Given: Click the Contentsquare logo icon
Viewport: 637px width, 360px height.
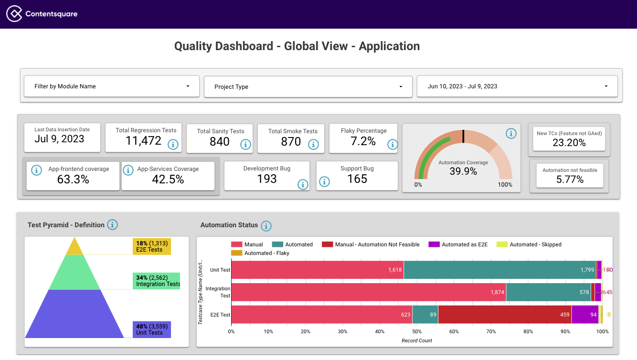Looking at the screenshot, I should click(x=14, y=14).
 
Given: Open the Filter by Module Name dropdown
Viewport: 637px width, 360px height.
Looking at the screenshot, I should click(x=112, y=86).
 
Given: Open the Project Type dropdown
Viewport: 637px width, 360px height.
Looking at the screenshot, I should click(x=308, y=87).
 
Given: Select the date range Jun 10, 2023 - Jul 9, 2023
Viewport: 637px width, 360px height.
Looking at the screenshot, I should click(x=517, y=86).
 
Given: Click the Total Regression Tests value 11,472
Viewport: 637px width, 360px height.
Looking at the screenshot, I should click(x=143, y=141).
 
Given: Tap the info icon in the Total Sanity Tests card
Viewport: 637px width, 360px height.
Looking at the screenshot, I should click(x=245, y=144).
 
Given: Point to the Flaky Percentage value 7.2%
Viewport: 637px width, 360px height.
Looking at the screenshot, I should click(x=363, y=141).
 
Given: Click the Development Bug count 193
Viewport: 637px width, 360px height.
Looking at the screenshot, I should click(x=266, y=179).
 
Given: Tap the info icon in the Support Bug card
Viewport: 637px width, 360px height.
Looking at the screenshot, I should click(x=324, y=181).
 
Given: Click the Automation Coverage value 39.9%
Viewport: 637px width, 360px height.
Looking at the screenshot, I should click(x=463, y=171).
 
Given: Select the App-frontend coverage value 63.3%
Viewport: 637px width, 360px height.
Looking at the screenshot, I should click(x=73, y=180).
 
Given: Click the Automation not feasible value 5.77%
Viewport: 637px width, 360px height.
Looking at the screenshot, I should click(x=569, y=180).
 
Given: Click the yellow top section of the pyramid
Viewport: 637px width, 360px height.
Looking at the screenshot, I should click(x=74, y=247).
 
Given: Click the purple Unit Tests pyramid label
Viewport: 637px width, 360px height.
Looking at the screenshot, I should click(x=152, y=329).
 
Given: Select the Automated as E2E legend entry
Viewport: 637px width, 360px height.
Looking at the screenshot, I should click(x=460, y=244).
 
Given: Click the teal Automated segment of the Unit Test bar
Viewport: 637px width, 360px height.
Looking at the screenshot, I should click(x=499, y=270).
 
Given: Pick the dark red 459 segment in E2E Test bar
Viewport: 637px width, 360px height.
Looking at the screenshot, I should click(x=504, y=315).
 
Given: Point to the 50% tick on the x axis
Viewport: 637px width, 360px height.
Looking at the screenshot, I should click(x=417, y=331).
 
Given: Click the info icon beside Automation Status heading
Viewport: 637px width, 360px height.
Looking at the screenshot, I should click(x=266, y=225).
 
